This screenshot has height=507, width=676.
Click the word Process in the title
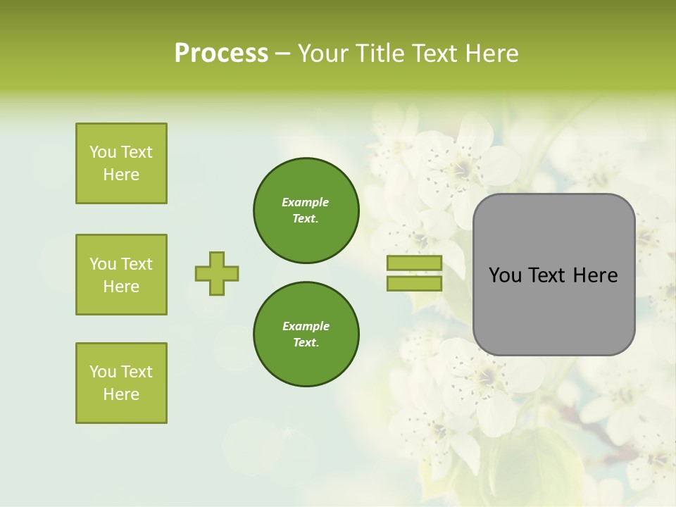click(221, 54)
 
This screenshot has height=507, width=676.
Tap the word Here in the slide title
click(490, 54)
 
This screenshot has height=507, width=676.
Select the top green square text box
click(121, 163)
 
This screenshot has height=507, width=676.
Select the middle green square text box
click(121, 275)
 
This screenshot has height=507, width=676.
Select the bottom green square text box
click(121, 383)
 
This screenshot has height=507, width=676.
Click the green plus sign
click(217, 273)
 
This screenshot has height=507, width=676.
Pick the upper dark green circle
click(306, 211)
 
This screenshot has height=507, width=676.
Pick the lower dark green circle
click(306, 334)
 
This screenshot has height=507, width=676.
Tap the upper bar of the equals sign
click(414, 263)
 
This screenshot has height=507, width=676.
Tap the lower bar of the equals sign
click(414, 283)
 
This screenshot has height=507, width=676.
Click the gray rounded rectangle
click(553, 310)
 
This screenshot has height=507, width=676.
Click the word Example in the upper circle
click(306, 202)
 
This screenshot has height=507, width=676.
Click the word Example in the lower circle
click(306, 326)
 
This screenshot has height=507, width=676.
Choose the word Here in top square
click(121, 175)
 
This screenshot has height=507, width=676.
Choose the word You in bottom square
click(103, 372)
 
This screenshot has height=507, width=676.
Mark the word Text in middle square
click(137, 264)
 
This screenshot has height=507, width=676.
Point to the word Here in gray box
click(595, 275)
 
